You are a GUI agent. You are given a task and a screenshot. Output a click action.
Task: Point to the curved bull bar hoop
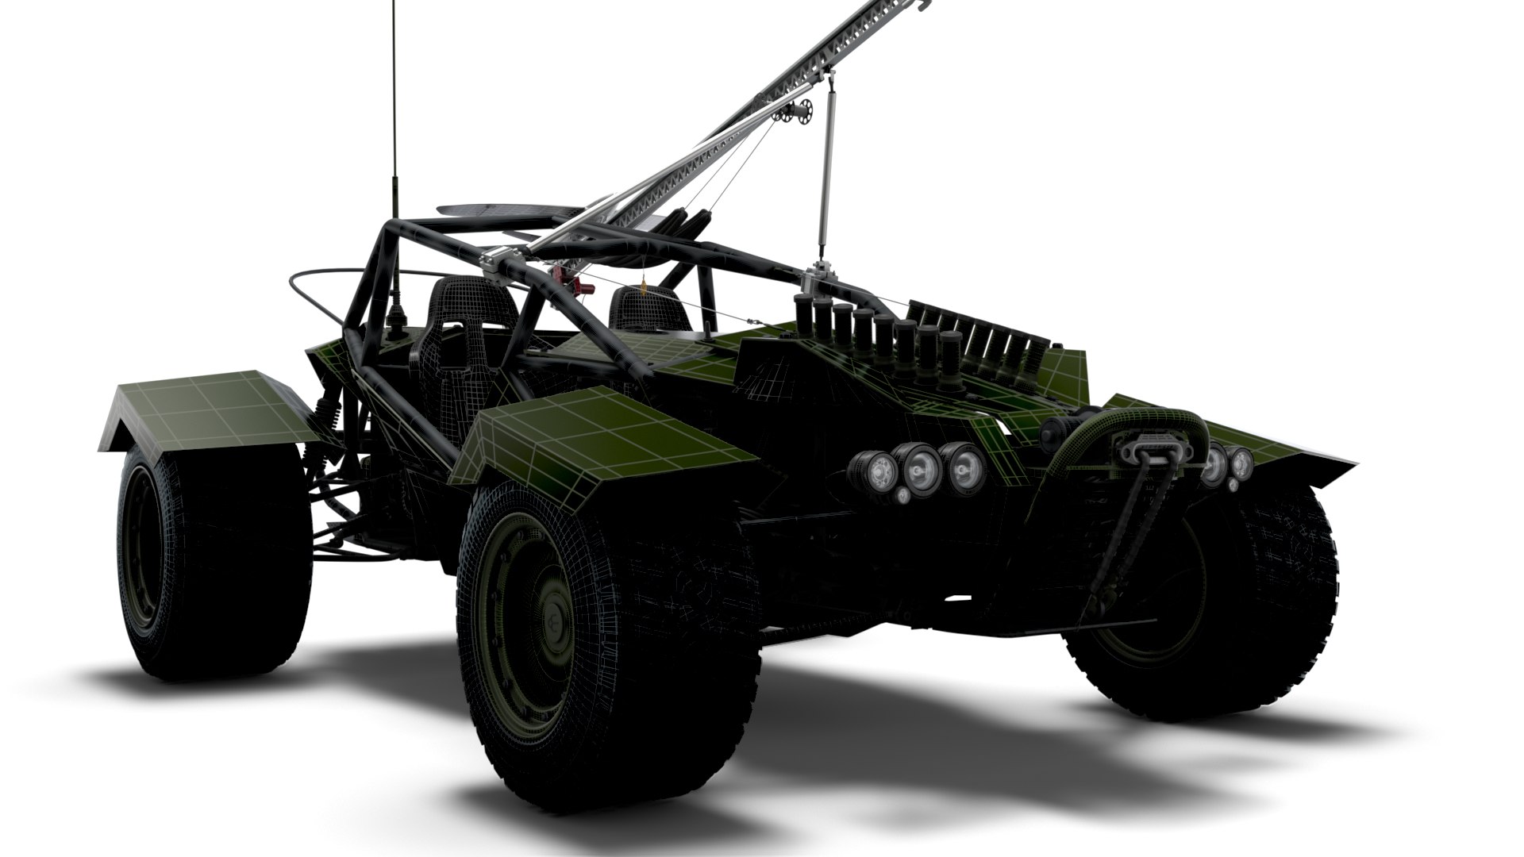(1127, 421)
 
